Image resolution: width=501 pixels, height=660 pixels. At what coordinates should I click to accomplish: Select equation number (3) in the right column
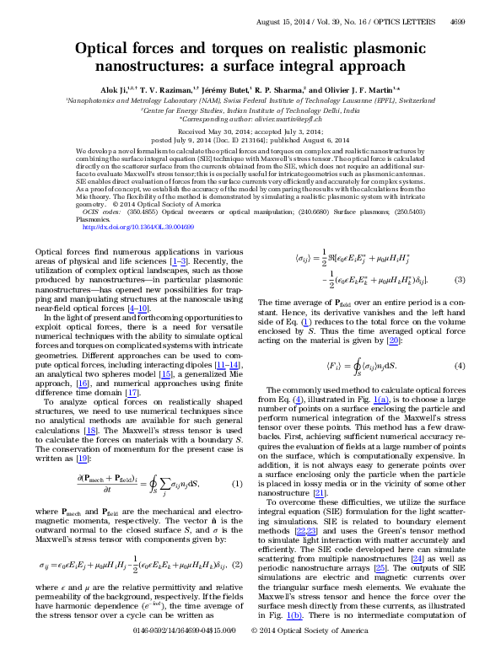click(459, 279)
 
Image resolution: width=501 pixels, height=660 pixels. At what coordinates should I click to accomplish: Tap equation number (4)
click(459, 365)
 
